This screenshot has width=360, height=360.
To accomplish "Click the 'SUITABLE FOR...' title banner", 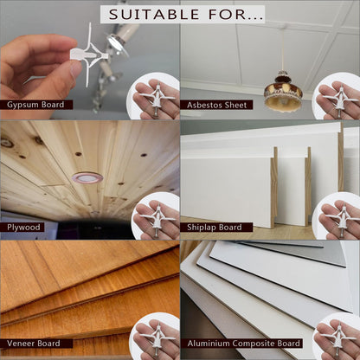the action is coord(183,14).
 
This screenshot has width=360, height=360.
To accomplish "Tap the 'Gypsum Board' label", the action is coord(36,105).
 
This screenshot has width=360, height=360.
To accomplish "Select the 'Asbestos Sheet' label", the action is coord(216,105).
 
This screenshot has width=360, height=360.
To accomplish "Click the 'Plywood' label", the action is coord(22,228).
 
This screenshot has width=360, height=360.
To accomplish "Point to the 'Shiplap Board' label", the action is coord(216,228).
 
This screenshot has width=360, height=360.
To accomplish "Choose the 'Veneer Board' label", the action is coord(36,344).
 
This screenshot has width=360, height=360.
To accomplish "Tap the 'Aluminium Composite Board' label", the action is coord(241,344).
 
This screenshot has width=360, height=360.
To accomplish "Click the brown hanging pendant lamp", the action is coord(283,92).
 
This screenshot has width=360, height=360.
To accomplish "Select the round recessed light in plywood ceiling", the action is coord(87,178).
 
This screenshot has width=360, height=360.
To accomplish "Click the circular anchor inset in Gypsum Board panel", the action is coord(154,96).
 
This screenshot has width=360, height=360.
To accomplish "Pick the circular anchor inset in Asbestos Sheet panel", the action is coord(337,96).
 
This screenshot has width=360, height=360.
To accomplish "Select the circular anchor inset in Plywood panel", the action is coord(156,215).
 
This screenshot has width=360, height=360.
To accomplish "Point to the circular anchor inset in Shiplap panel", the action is coord(337,215).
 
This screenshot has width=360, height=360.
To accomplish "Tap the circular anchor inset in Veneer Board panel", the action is coord(155,337).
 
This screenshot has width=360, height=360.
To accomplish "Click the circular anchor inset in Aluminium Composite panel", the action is coord(337,337).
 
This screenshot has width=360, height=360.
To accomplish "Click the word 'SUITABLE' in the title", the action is coord(154,15).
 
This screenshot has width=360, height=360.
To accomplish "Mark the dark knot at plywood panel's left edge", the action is coord(6,143).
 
